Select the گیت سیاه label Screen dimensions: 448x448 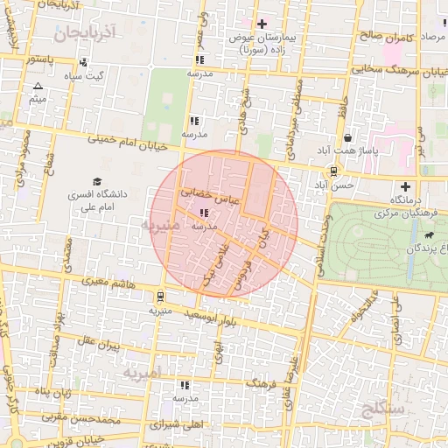[89, 76]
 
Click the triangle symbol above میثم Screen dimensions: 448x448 [38, 87]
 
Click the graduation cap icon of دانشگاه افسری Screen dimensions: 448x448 [73, 181]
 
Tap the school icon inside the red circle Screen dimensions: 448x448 [204, 213]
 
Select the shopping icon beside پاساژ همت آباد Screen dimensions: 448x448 [348, 138]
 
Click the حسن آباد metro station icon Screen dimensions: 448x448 [334, 171]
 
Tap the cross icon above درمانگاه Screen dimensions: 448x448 [404, 185]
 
